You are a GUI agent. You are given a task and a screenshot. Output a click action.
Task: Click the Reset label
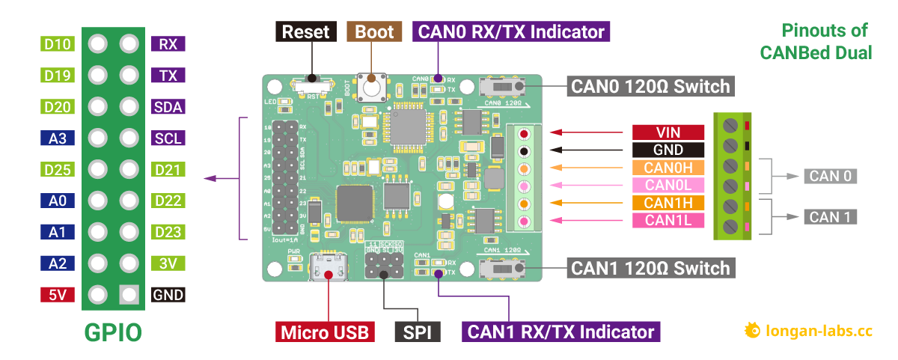coord(306,31)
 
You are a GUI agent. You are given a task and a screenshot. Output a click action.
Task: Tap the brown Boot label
coord(374,31)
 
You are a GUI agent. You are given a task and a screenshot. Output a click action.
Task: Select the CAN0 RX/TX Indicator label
coord(511,31)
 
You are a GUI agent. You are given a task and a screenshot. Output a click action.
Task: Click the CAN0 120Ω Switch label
coord(650,86)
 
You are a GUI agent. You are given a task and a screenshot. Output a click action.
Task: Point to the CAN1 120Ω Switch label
coord(650,268)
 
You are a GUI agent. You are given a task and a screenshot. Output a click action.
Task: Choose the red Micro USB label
coord(326,332)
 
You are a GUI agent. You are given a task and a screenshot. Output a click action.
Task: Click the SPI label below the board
coord(418,332)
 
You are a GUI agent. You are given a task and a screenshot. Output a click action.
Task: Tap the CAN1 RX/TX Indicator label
coord(561,332)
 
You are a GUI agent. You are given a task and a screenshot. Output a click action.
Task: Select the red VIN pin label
coord(668,132)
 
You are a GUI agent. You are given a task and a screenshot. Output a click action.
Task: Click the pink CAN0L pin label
coord(668,185)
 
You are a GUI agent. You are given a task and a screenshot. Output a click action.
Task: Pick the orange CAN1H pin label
coord(668,203)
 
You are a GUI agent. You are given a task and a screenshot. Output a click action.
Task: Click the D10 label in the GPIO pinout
coord(58,44)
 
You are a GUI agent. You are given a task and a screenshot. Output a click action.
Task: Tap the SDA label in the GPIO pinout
coord(168,107)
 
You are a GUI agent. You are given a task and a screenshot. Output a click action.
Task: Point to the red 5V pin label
coord(58,295)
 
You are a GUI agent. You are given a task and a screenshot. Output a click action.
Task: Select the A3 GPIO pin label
coord(58,138)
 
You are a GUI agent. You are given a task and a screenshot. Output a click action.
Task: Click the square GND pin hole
coord(129,295)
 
